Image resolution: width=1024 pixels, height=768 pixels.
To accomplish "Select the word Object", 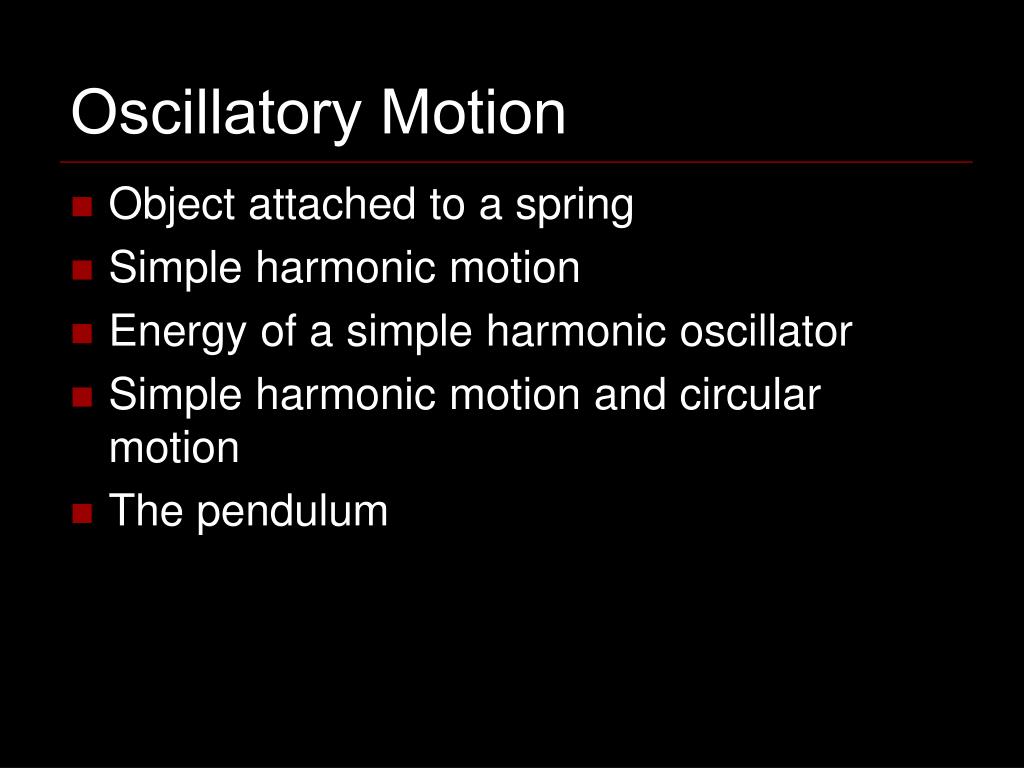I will pyautogui.click(x=172, y=206).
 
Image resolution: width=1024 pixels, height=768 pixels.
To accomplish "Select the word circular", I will pyautogui.click(x=749, y=395).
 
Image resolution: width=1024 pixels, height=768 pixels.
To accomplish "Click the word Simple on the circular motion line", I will pyautogui.click(x=176, y=395).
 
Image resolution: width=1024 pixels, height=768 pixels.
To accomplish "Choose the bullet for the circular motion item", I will pyautogui.click(x=82, y=397).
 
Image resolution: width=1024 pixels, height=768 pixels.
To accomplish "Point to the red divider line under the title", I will pyautogui.click(x=516, y=162).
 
